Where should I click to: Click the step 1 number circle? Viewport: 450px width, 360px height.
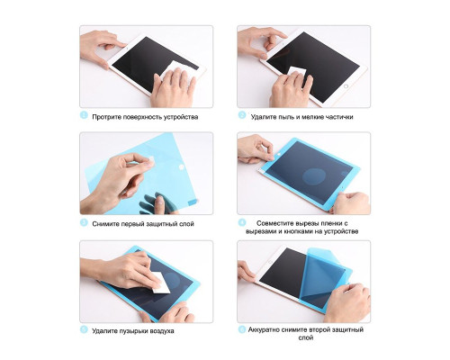pyautogui.click(x=84, y=115)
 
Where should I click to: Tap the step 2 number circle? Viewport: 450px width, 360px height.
pyautogui.click(x=242, y=115)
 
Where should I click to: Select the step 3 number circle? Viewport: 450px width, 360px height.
pyautogui.click(x=84, y=222)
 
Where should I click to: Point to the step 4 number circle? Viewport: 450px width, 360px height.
pyautogui.click(x=242, y=222)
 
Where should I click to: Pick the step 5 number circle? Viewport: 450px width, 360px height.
pyautogui.click(x=84, y=329)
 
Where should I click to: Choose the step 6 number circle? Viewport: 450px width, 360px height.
pyautogui.click(x=242, y=329)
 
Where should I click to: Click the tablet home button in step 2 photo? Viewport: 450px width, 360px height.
pyautogui.click(x=346, y=86)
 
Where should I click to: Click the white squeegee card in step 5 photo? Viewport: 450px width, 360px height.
pyautogui.click(x=159, y=283)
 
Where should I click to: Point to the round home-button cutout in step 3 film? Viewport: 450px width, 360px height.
pyautogui.click(x=181, y=166)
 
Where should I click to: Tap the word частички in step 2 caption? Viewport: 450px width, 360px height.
pyautogui.click(x=339, y=117)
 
